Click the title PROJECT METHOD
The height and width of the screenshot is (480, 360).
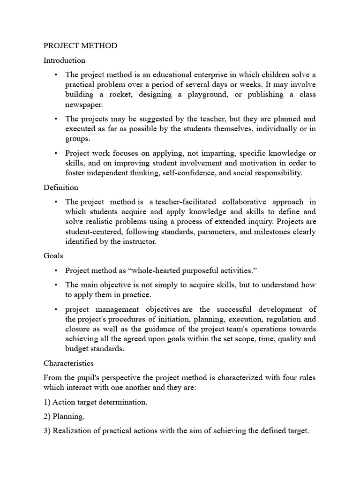pyautogui.click(x=80, y=46)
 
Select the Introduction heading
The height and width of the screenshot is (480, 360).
pyautogui.click(x=64, y=60)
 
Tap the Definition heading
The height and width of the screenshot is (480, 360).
pyautogui.click(x=61, y=187)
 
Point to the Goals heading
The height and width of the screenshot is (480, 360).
pyautogui.click(x=53, y=256)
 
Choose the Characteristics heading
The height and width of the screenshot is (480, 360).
pyautogui.click(x=68, y=363)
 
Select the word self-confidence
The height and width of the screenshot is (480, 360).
pyautogui.click(x=186, y=173)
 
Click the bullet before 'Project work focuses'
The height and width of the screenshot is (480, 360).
pyautogui.click(x=55, y=153)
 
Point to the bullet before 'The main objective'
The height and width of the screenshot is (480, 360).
pyautogui.click(x=55, y=285)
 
